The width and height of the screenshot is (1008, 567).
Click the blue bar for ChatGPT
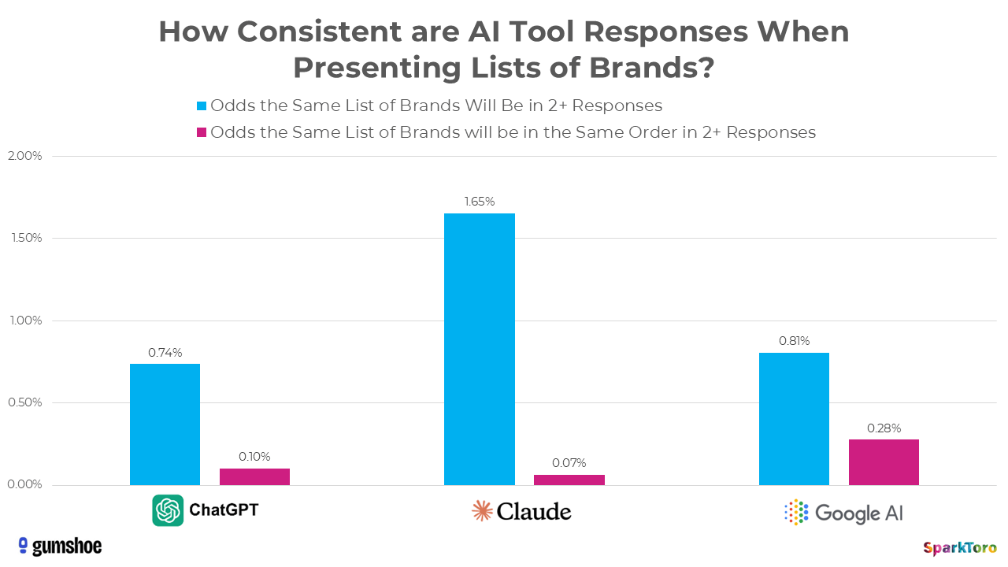165,424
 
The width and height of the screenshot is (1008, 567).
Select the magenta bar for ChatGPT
254,477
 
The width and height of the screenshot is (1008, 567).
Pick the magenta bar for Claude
569,480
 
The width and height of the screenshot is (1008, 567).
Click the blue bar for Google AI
794,419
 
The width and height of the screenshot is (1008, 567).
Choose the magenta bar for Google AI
884,462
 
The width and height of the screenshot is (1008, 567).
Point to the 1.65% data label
479,202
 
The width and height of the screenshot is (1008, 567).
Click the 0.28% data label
884,428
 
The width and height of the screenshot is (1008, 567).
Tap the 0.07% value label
569,463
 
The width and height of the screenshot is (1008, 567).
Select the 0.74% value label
165,352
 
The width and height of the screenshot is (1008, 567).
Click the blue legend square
202,106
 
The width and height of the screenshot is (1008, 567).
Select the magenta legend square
202,132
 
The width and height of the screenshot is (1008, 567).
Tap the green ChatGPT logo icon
168,510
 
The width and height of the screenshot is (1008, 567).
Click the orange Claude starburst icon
482,511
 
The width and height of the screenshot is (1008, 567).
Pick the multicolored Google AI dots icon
796,512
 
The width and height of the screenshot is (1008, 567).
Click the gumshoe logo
60,546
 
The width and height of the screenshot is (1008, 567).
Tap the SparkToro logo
959,547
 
